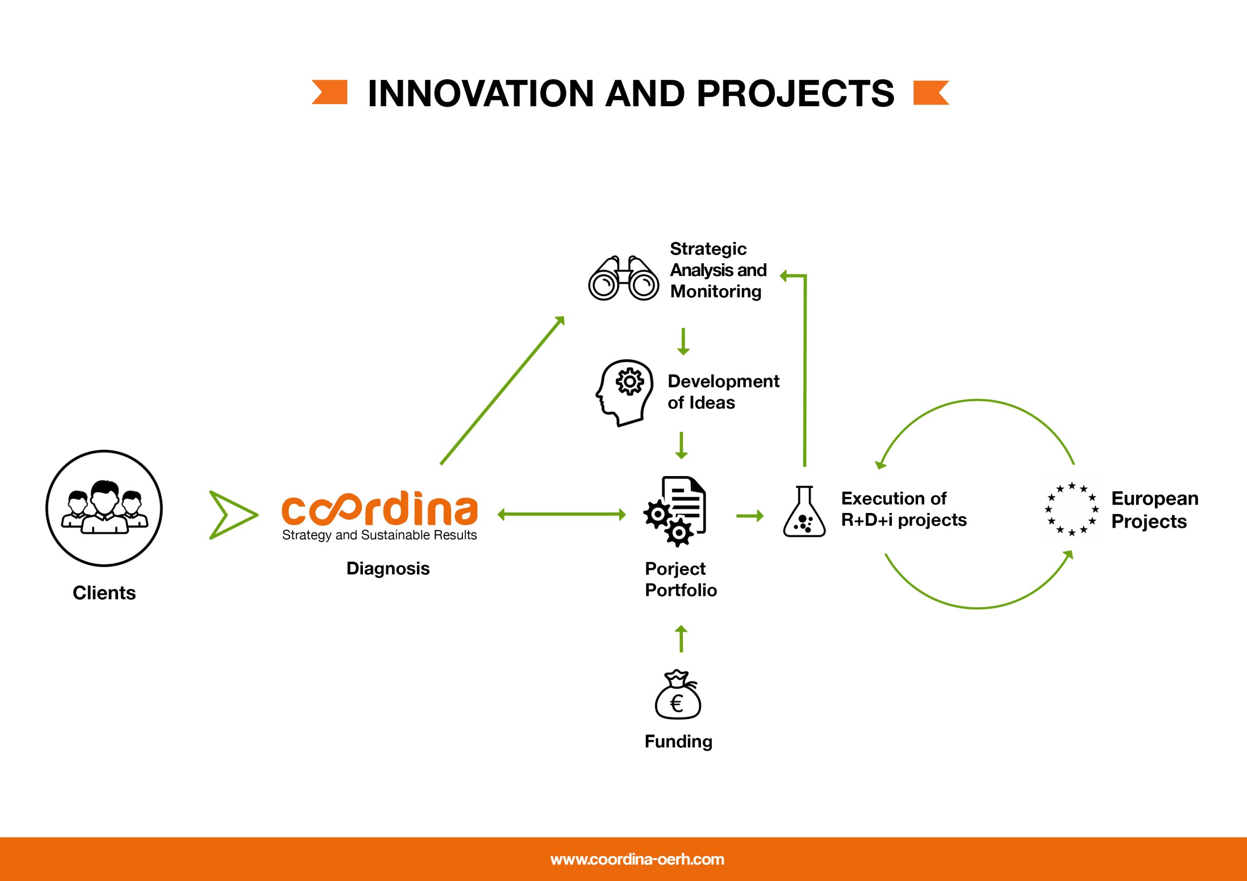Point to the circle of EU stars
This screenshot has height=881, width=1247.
click(x=1072, y=509)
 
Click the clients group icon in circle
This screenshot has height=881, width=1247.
click(x=104, y=508)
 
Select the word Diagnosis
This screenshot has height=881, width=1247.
click(x=388, y=569)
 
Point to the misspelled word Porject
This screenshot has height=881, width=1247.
click(x=675, y=569)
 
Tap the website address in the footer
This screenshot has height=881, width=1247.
click(x=637, y=859)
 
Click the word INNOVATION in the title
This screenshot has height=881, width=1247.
click(x=481, y=93)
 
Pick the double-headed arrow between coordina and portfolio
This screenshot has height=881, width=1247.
click(x=562, y=514)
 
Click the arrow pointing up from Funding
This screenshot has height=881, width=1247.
click(x=680, y=639)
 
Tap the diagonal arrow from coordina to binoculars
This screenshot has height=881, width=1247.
click(x=502, y=390)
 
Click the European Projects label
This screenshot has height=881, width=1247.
click(x=1154, y=510)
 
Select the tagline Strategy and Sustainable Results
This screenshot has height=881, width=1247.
click(x=379, y=535)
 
